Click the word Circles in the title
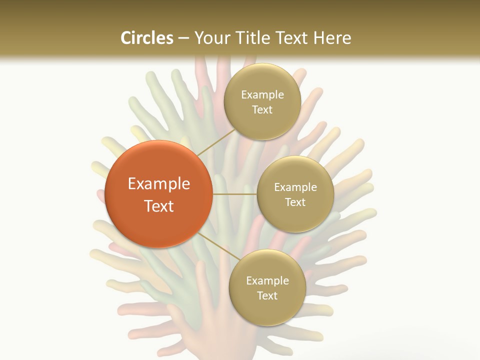tap(147, 38)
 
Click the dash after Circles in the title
tap(183, 38)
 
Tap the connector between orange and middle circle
tap(234, 193)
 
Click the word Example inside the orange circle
tap(159, 184)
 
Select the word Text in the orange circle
tap(159, 206)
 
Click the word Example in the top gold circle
tap(262, 95)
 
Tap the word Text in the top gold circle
tap(262, 110)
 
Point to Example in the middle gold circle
tap(295, 187)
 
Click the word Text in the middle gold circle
tap(295, 202)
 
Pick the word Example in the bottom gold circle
tap(267, 281)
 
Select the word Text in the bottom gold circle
tap(267, 296)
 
